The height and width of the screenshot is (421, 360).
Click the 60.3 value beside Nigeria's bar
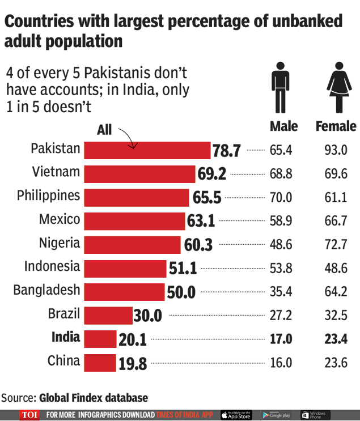tap(198, 245)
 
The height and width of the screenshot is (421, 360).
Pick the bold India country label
tap(66, 338)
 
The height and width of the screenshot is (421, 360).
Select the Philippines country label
tap(49, 195)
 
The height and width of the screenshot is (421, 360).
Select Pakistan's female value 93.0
tap(336, 150)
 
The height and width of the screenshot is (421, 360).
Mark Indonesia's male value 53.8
tap(281, 268)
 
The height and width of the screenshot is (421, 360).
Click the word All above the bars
tap(104, 130)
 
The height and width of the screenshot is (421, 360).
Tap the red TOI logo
tap(29, 415)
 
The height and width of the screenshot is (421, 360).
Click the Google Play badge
tap(276, 415)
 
